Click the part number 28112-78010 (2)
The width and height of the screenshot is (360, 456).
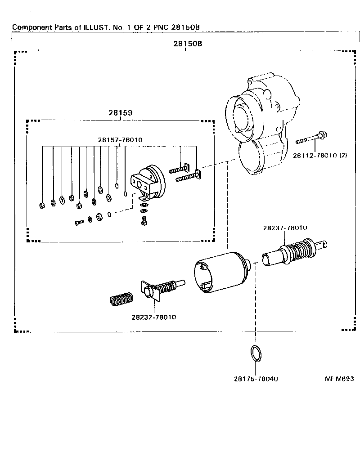click(x=320, y=156)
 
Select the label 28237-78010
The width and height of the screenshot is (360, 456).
click(x=285, y=228)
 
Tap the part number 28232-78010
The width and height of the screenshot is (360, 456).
click(x=154, y=317)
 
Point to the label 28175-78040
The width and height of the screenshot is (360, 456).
click(x=256, y=379)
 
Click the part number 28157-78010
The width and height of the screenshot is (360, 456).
click(x=120, y=140)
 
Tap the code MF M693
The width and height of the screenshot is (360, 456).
click(x=339, y=379)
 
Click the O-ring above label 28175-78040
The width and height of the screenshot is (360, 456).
click(x=256, y=353)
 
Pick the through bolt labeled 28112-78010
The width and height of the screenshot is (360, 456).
click(x=311, y=139)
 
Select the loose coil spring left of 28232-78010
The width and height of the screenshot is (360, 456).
click(x=121, y=299)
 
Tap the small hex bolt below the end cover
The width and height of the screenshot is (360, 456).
click(x=144, y=221)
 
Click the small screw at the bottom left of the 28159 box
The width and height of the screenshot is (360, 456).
click(x=79, y=222)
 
